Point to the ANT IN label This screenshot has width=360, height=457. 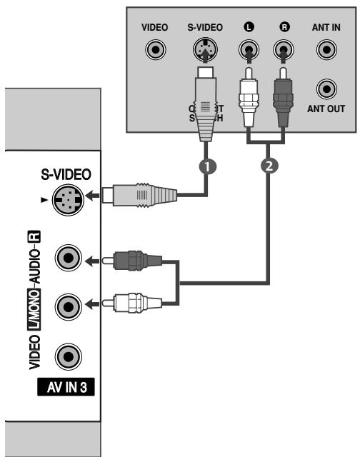326,27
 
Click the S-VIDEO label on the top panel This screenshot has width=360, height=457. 204,27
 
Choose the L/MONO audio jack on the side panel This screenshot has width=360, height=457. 68,306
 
